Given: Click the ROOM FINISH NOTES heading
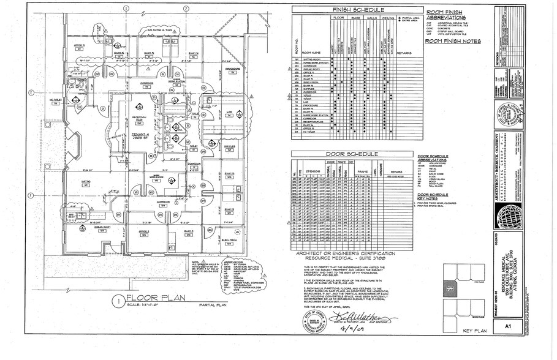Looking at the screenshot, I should click(453, 41).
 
